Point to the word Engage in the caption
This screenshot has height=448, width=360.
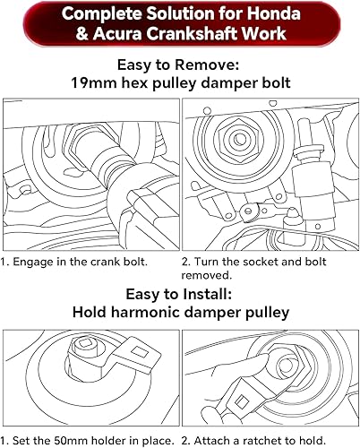35,263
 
